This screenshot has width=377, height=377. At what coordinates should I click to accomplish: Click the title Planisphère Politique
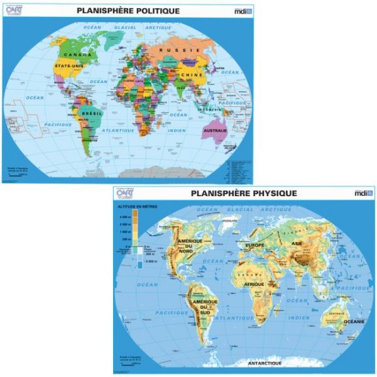[x=128, y=11]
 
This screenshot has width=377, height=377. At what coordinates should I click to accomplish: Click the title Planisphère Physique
[x=243, y=194]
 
